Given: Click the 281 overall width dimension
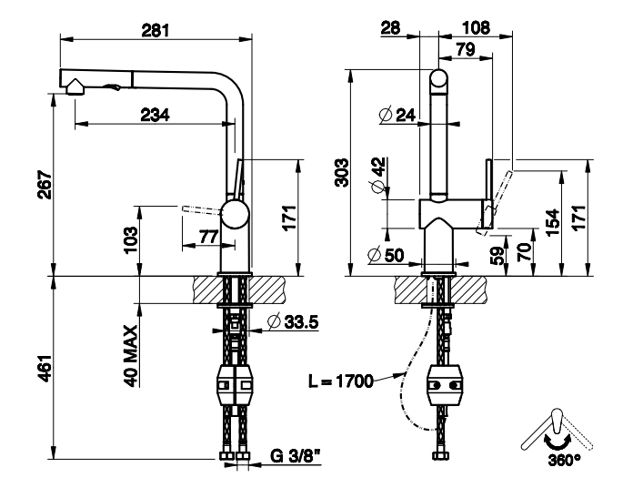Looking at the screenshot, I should (156, 28).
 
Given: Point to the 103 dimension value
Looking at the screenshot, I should (130, 239).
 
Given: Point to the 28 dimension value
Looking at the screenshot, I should (391, 28).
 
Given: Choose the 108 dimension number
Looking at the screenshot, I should (477, 28).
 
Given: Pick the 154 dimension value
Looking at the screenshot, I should (552, 221).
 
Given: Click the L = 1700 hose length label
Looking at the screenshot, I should (341, 381).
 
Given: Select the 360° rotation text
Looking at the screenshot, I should (564, 460).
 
